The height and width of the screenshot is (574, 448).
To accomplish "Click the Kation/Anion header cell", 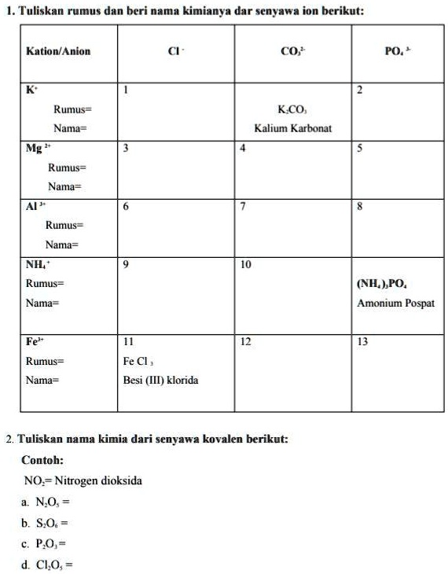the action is [x=58, y=51].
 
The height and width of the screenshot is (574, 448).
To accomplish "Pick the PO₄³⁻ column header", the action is [x=395, y=51].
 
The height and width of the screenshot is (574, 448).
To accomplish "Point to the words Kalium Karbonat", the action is [x=292, y=127].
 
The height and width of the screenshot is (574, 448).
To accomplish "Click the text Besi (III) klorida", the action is [x=160, y=381].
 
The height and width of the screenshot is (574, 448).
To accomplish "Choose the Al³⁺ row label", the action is [x=35, y=207].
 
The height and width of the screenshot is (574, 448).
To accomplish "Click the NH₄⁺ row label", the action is [x=39, y=265].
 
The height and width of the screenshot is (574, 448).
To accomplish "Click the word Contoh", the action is [x=42, y=460].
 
